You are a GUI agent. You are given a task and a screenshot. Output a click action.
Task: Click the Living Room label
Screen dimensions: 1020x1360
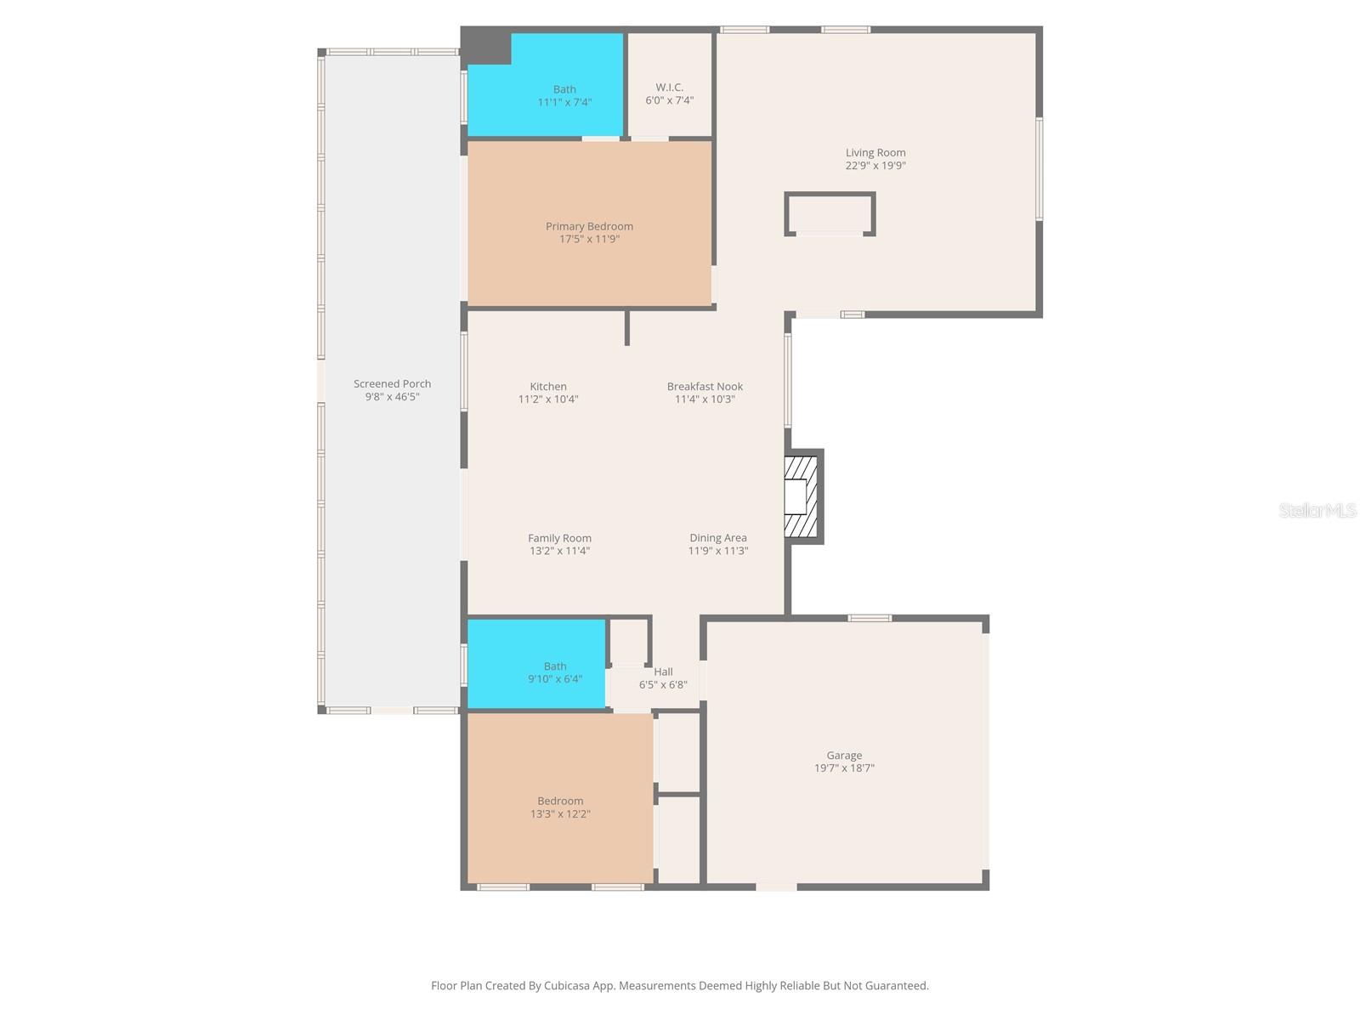coord(875,153)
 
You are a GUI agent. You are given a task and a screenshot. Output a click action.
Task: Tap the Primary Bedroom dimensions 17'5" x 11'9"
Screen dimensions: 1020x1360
coord(589,240)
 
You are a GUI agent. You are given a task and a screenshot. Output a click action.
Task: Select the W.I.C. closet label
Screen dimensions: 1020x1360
coord(669,88)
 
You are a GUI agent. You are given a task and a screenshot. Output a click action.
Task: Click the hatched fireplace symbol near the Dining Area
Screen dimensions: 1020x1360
coord(801,496)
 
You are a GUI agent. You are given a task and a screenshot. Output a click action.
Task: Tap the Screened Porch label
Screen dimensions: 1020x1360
coord(392,384)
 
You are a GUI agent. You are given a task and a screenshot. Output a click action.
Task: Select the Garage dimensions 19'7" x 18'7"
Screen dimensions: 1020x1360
coord(844,768)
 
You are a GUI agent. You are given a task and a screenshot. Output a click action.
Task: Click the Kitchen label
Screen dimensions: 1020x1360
coord(548,387)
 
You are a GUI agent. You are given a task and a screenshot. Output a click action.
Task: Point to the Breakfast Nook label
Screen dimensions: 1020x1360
coord(705,387)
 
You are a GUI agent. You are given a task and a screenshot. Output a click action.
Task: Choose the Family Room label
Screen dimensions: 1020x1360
coord(559,538)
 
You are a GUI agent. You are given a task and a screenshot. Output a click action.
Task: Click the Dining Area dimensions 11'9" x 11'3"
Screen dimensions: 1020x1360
coord(717,551)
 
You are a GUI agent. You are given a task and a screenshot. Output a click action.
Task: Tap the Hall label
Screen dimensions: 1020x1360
coord(663,671)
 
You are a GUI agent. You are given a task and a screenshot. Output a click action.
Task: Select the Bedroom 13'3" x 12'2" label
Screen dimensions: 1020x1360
coord(560,801)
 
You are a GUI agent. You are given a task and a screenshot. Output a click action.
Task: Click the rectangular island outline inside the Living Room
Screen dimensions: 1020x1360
coord(830,213)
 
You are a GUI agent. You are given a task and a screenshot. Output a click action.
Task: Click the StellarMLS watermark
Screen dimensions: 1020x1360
coord(1317,511)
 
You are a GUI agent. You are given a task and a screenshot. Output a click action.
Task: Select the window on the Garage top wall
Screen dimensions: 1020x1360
coord(870,618)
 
